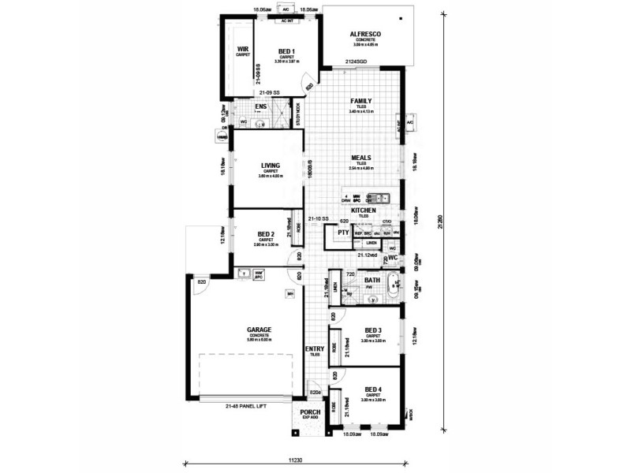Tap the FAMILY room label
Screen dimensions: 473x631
click(362, 101)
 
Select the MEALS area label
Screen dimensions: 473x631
click(362, 157)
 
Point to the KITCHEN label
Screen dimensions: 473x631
click(363, 211)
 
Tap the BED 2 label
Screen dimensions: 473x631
click(265, 235)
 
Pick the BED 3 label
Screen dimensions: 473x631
click(373, 330)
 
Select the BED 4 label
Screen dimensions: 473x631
click(373, 390)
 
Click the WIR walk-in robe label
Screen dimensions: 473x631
click(243, 49)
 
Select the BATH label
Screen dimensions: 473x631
click(372, 280)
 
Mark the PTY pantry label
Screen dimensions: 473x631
click(343, 233)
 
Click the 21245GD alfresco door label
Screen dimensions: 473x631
click(357, 61)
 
